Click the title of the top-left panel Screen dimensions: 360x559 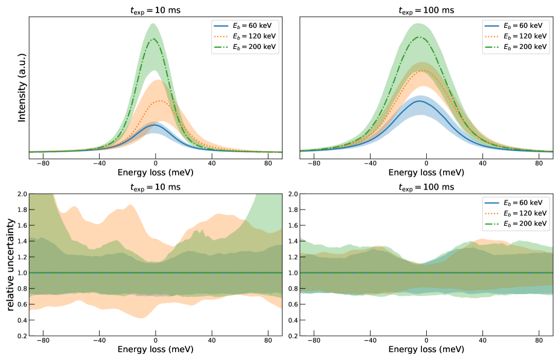coord(156,10)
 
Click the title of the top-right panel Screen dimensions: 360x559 coord(426,10)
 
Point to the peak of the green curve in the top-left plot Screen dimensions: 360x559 coord(155,39)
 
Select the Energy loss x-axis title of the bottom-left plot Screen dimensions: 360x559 coord(156,350)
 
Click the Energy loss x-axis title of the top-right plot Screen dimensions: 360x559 coord(426,172)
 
